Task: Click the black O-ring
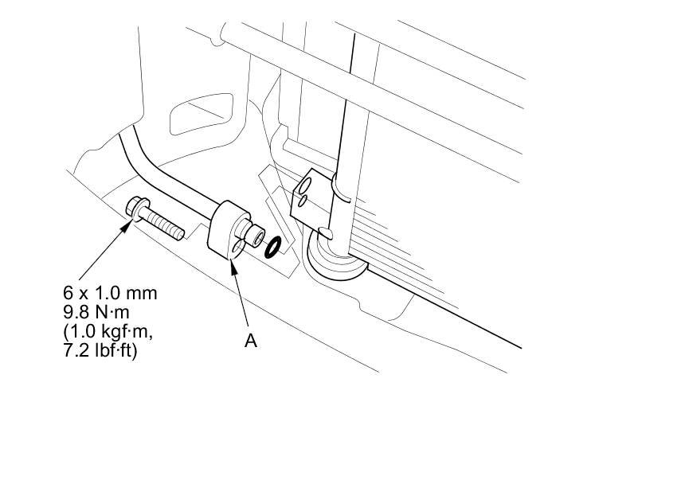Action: [x=271, y=247]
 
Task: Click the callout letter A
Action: [x=250, y=341]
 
